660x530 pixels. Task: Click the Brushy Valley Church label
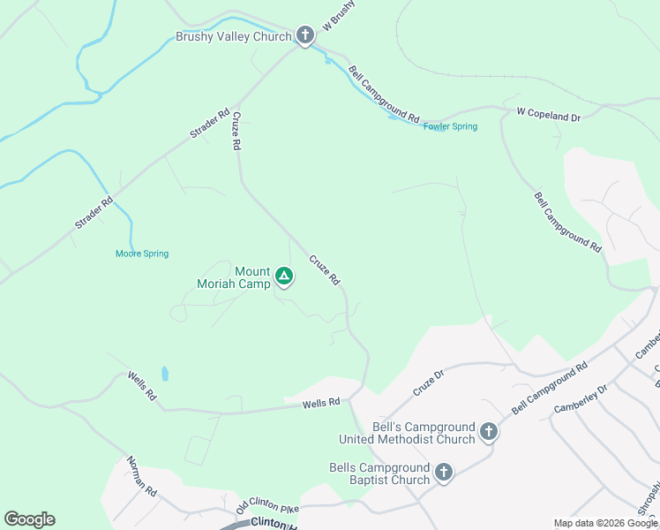coord(233,36)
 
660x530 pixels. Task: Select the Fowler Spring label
coord(450,126)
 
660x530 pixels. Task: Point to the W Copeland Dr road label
coord(549,115)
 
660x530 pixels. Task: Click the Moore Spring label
coord(141,254)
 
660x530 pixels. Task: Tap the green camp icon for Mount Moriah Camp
coord(284,277)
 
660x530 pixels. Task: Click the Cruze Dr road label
coord(427,385)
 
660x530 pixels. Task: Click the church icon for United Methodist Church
coord(489,433)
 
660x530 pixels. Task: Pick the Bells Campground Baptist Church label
coord(379,473)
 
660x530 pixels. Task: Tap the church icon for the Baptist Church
coord(443,473)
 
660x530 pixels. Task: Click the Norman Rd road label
coord(141,475)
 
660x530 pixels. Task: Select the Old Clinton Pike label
coord(267,505)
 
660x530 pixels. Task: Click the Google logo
coord(29,519)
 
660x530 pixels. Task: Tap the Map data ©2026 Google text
coord(604,523)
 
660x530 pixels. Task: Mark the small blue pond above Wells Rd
coord(165,374)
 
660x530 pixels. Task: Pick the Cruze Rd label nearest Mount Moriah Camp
coord(324,269)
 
